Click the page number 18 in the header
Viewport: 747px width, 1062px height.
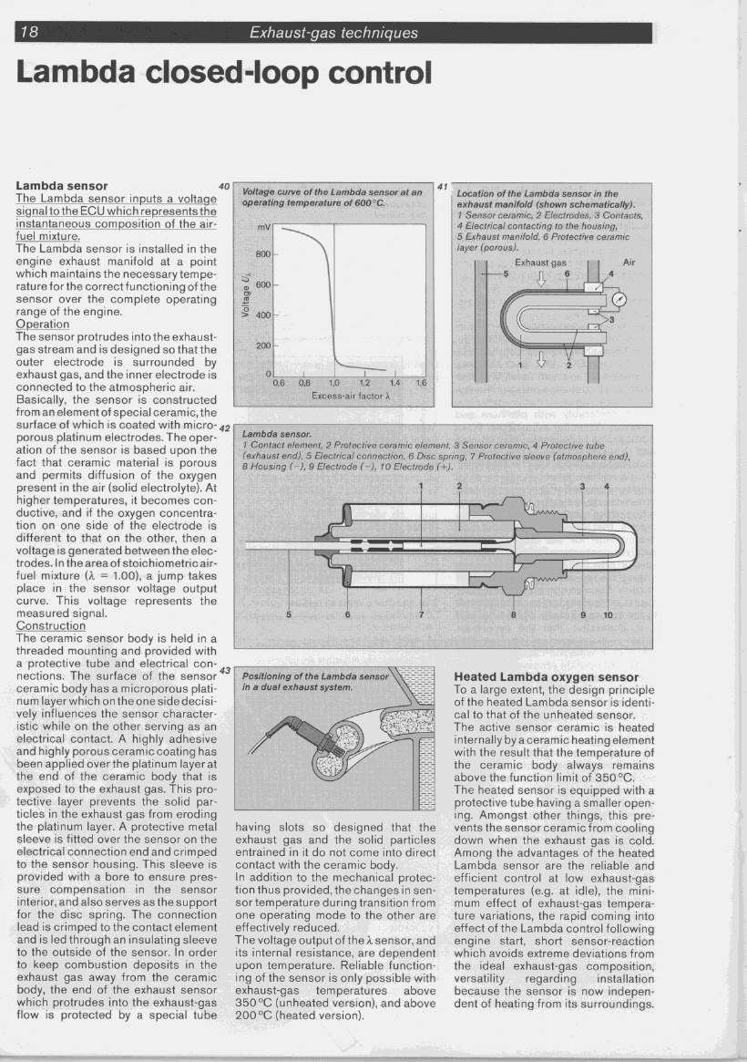[29, 33]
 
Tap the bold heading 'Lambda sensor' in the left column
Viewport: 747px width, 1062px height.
[62, 186]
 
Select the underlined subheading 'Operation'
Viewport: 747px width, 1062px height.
[43, 324]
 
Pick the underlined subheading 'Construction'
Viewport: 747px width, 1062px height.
[51, 626]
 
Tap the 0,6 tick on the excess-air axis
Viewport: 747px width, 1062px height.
[279, 384]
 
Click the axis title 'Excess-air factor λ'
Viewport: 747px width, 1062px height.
[351, 396]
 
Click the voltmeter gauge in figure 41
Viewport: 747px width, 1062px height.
[620, 299]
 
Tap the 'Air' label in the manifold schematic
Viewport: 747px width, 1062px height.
[628, 262]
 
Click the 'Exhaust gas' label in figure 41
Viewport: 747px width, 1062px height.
[541, 262]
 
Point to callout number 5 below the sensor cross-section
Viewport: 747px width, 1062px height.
[289, 613]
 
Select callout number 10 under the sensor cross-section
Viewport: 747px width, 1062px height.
[609, 613]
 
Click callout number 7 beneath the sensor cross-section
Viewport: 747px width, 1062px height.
[421, 613]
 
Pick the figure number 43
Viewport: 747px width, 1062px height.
[226, 671]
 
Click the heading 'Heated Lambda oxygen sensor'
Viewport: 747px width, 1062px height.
[546, 677]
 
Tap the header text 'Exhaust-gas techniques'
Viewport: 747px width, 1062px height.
[333, 33]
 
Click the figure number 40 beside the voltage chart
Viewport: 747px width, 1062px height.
[224, 187]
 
